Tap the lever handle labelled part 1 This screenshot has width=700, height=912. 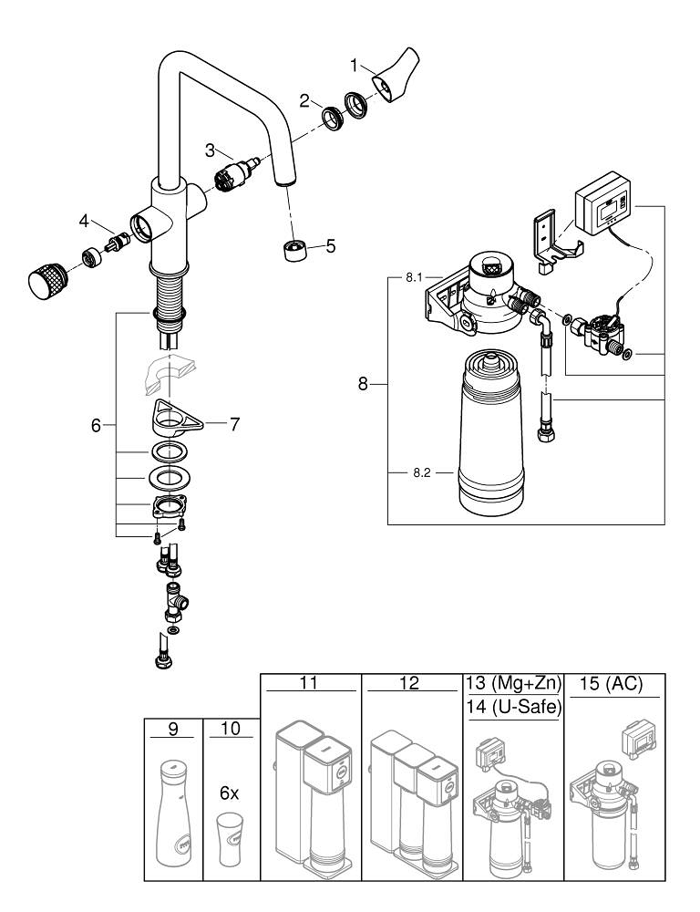click(395, 80)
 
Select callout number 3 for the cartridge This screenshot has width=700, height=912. click(209, 150)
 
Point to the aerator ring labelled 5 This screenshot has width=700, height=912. click(294, 248)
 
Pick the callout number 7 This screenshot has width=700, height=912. click(234, 424)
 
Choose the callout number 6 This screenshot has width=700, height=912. click(96, 426)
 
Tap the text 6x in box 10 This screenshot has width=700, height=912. click(229, 793)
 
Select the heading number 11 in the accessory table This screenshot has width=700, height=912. click(311, 681)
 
